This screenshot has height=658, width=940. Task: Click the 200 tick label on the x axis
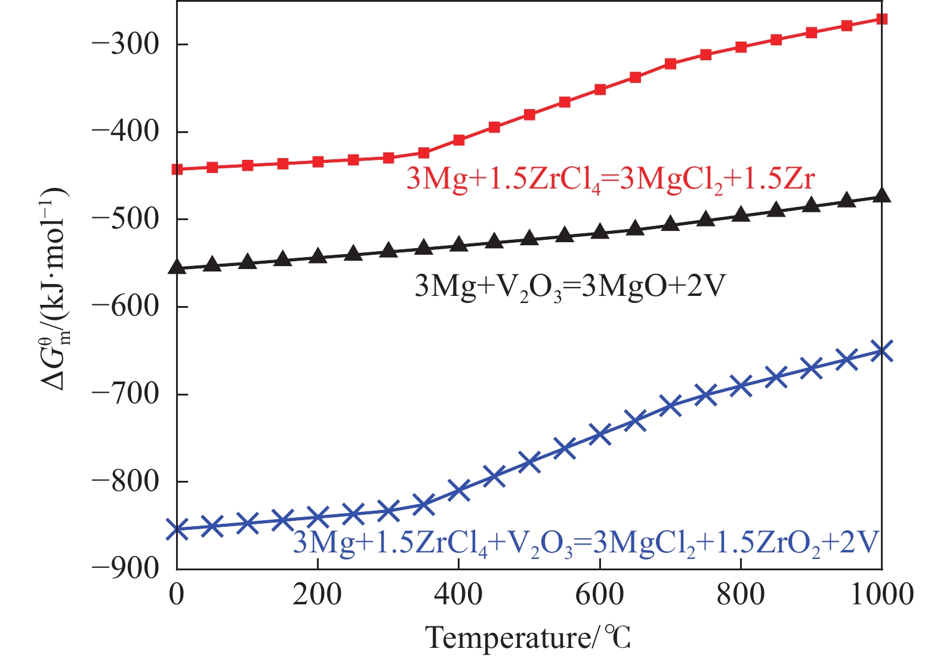[318, 594]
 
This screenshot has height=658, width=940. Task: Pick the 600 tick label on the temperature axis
[599, 594]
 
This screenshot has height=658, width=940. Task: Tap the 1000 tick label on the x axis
[882, 594]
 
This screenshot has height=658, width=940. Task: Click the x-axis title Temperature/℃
[528, 638]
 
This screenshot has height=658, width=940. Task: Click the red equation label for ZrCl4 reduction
[610, 178]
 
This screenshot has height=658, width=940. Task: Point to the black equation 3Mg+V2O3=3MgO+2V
[570, 287]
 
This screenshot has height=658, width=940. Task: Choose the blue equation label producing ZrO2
[586, 543]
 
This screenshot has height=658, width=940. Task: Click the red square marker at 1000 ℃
[882, 19]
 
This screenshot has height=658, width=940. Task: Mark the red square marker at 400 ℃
[459, 140]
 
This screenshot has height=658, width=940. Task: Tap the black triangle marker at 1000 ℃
[882, 196]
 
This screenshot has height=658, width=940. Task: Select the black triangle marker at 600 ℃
[600, 231]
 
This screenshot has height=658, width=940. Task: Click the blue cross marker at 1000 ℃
[882, 351]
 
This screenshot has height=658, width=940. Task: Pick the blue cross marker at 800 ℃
[741, 386]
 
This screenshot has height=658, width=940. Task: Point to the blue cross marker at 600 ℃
[600, 434]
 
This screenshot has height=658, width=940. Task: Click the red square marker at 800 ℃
[741, 47]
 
